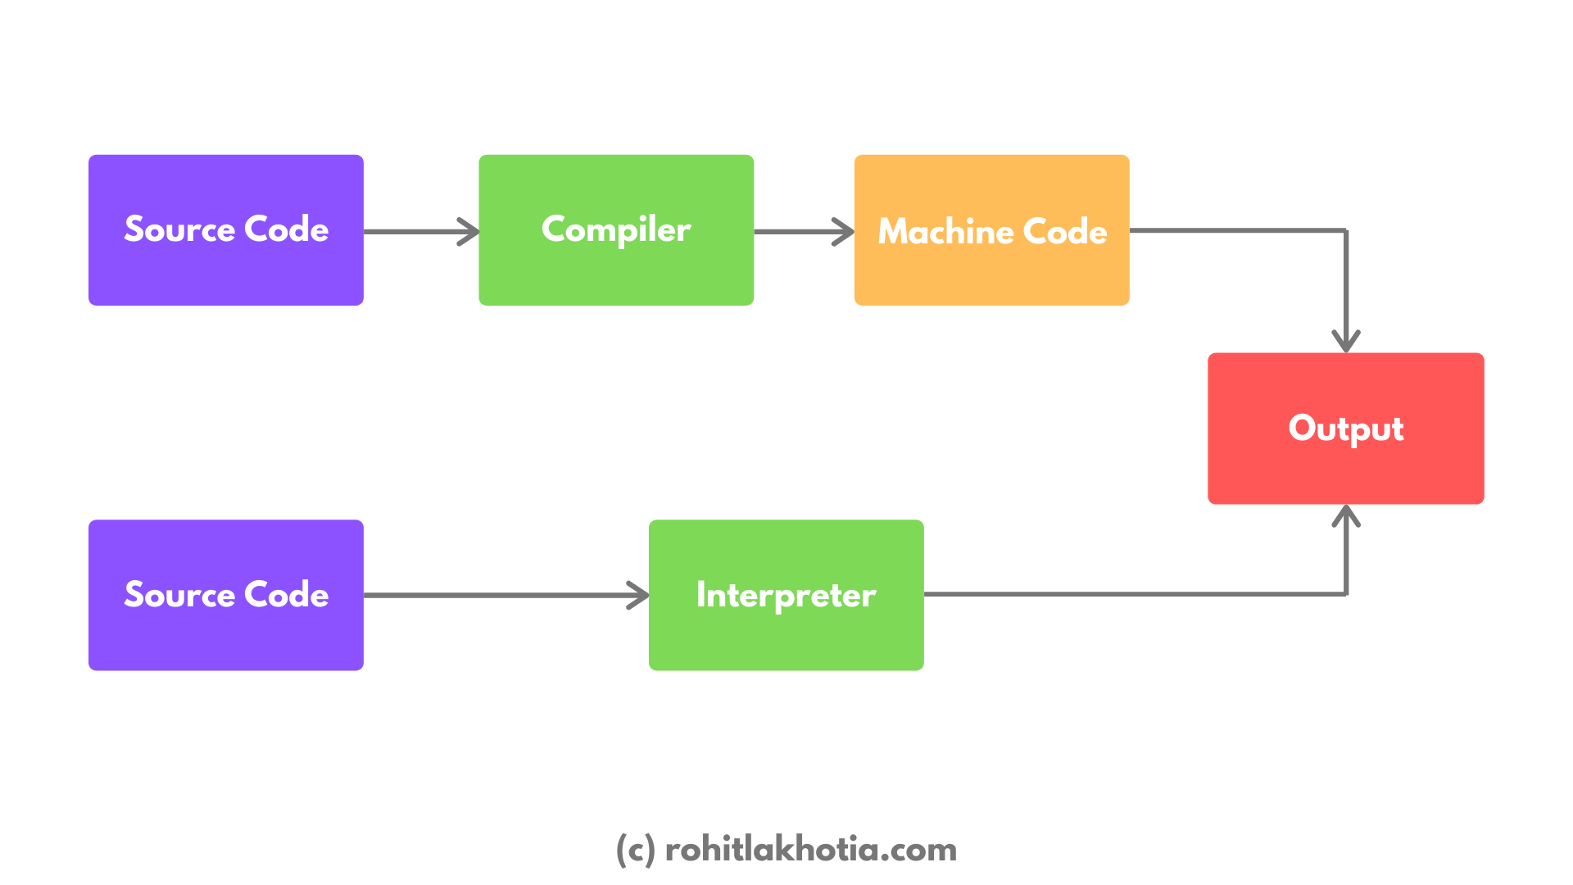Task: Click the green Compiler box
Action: point(616,230)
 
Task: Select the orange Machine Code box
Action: point(991,230)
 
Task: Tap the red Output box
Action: point(1345,429)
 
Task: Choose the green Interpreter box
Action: point(786,595)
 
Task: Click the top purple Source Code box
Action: point(225,230)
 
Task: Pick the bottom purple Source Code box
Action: point(225,595)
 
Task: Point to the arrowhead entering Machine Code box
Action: point(847,232)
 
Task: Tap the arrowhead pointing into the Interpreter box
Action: point(641,595)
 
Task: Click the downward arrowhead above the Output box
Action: point(1346,344)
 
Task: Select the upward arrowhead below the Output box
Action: point(1346,513)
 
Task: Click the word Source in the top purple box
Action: point(179,229)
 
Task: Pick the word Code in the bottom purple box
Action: point(286,595)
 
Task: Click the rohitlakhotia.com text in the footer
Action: point(810,850)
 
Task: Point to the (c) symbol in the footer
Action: point(635,850)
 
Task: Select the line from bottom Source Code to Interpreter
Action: point(500,595)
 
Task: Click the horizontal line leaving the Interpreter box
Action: point(1131,594)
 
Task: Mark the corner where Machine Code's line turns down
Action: point(1346,230)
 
